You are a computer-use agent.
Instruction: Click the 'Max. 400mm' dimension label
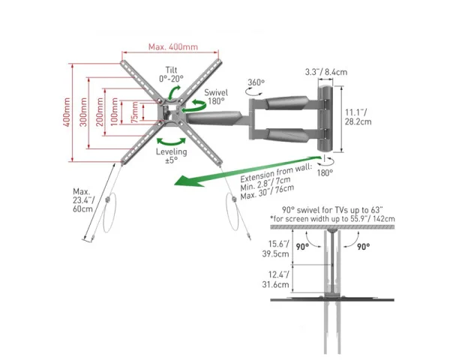pyautogui.click(x=173, y=47)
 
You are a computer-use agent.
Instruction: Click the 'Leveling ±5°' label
pyautogui.click(x=171, y=155)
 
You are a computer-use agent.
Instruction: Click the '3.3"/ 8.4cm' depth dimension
pyautogui.click(x=325, y=73)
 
